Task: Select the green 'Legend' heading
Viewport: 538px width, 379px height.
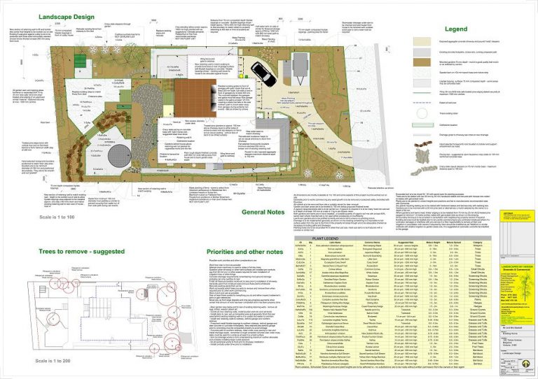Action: (x=456, y=29)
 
